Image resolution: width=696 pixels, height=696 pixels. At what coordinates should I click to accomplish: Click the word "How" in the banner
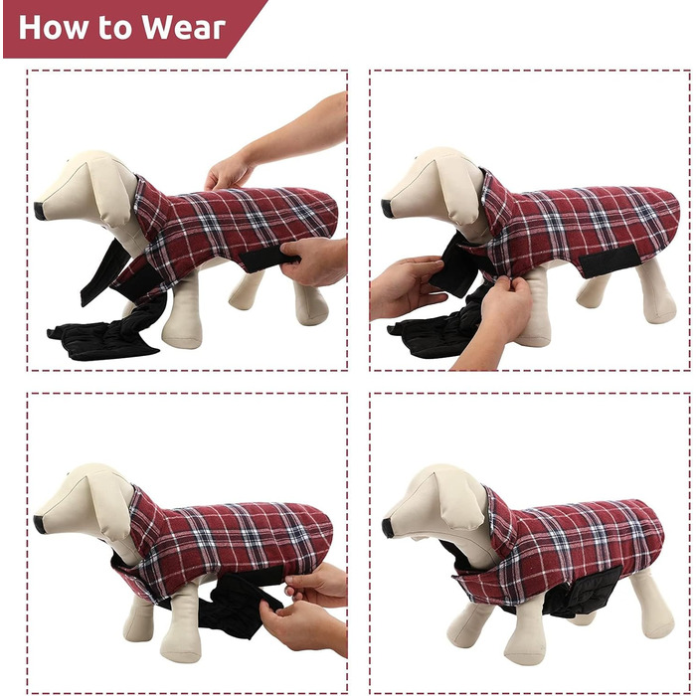[x=54, y=28]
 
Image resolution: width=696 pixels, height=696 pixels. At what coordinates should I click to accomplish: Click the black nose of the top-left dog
[x=40, y=211]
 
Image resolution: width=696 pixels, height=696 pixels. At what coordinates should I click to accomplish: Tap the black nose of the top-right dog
[x=387, y=209]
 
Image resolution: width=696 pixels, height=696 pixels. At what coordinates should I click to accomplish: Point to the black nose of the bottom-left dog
[x=40, y=524]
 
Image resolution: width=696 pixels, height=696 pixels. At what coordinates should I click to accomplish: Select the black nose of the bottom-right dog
[x=388, y=527]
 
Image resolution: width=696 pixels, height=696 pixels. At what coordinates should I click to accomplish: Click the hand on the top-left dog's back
[x=227, y=172]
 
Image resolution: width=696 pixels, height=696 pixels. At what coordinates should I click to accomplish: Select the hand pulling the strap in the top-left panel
[x=313, y=261]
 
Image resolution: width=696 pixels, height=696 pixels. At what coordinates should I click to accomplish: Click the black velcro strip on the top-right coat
[x=609, y=261]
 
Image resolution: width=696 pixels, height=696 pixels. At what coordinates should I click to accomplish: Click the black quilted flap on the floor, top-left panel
[x=103, y=341]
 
